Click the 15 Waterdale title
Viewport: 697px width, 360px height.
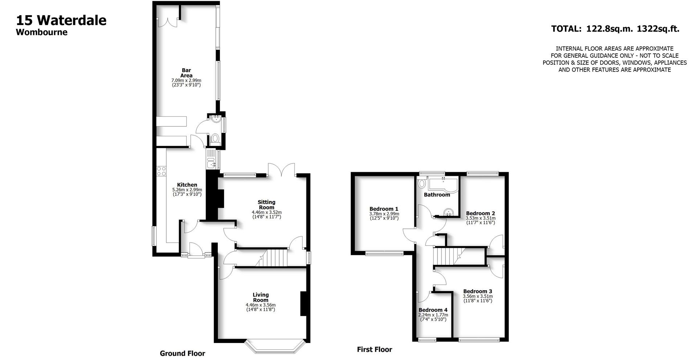coord(61,20)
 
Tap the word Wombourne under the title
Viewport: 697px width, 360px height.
coord(42,32)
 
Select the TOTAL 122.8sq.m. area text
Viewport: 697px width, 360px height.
coord(615,29)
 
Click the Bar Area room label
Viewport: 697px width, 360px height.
coord(186,73)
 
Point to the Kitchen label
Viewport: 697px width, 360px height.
coord(187,185)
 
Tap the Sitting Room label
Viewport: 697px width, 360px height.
coord(266,205)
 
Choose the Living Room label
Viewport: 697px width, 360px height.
coord(261,297)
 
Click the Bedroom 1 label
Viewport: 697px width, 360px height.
coord(384,209)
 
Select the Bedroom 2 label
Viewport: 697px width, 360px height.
coord(480,213)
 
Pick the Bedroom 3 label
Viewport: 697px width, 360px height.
coord(477,291)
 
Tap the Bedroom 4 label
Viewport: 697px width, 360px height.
coord(433,310)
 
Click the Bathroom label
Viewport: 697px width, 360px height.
coord(437,195)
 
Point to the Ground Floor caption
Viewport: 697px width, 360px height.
coord(182,353)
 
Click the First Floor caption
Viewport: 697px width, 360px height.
coord(374,349)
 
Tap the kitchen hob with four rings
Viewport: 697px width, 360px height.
coord(161,171)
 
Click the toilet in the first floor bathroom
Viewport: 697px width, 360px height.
coord(421,183)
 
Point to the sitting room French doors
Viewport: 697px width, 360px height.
coord(281,170)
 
